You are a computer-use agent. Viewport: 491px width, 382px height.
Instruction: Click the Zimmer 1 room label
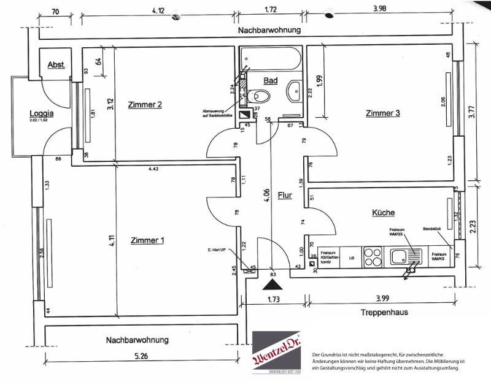[x=147, y=240]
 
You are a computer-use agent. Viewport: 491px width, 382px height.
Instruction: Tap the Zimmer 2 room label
[x=145, y=105]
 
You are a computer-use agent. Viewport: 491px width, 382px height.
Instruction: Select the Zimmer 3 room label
[x=382, y=113]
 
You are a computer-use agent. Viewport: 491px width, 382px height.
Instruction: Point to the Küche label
[x=383, y=212]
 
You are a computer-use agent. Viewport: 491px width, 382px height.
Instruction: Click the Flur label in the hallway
[x=284, y=196]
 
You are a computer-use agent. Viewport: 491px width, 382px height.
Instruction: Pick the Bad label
[x=271, y=81]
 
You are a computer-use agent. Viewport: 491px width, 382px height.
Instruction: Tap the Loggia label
[x=42, y=113]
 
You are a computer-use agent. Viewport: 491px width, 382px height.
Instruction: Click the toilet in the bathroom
[x=260, y=96]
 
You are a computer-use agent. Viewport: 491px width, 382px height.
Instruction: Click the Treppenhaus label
[x=385, y=312]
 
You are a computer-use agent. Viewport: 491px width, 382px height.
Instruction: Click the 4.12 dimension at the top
[x=161, y=10]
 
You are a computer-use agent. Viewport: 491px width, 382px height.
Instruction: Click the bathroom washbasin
[x=293, y=93]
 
